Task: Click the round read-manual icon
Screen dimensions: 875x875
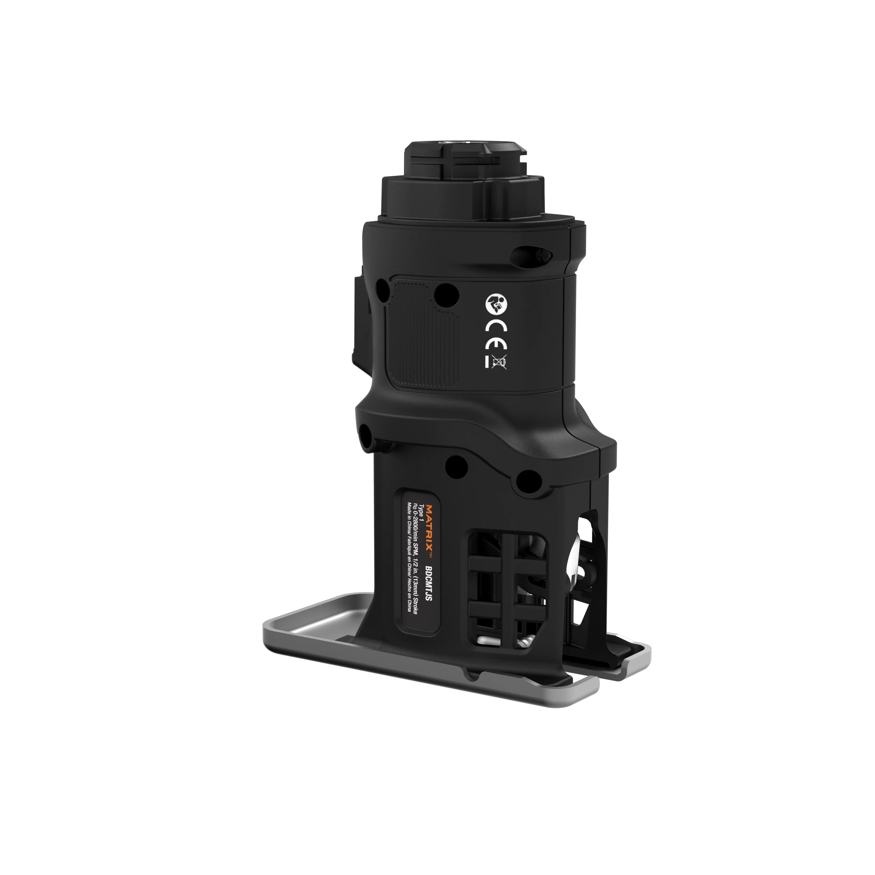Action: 496,303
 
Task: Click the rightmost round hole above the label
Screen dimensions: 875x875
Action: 527,482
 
